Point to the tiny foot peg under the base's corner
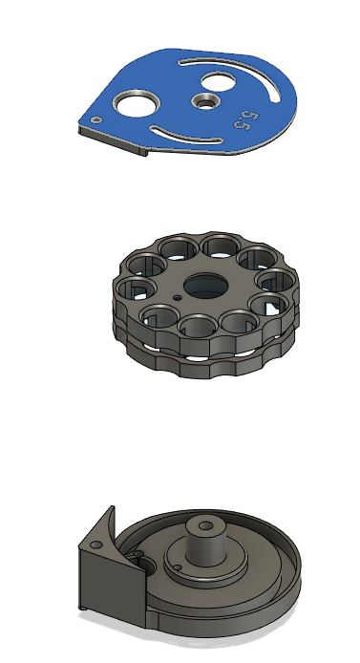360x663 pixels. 87,608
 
